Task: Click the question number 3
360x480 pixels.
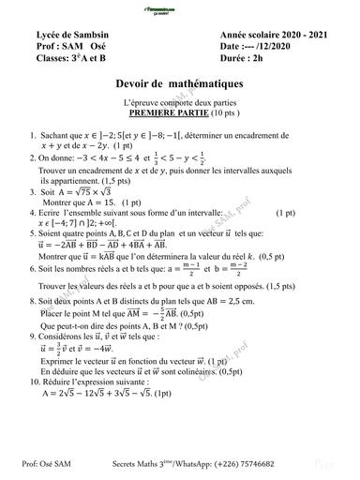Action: click(33, 191)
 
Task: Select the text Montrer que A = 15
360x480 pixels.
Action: click(79, 202)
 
